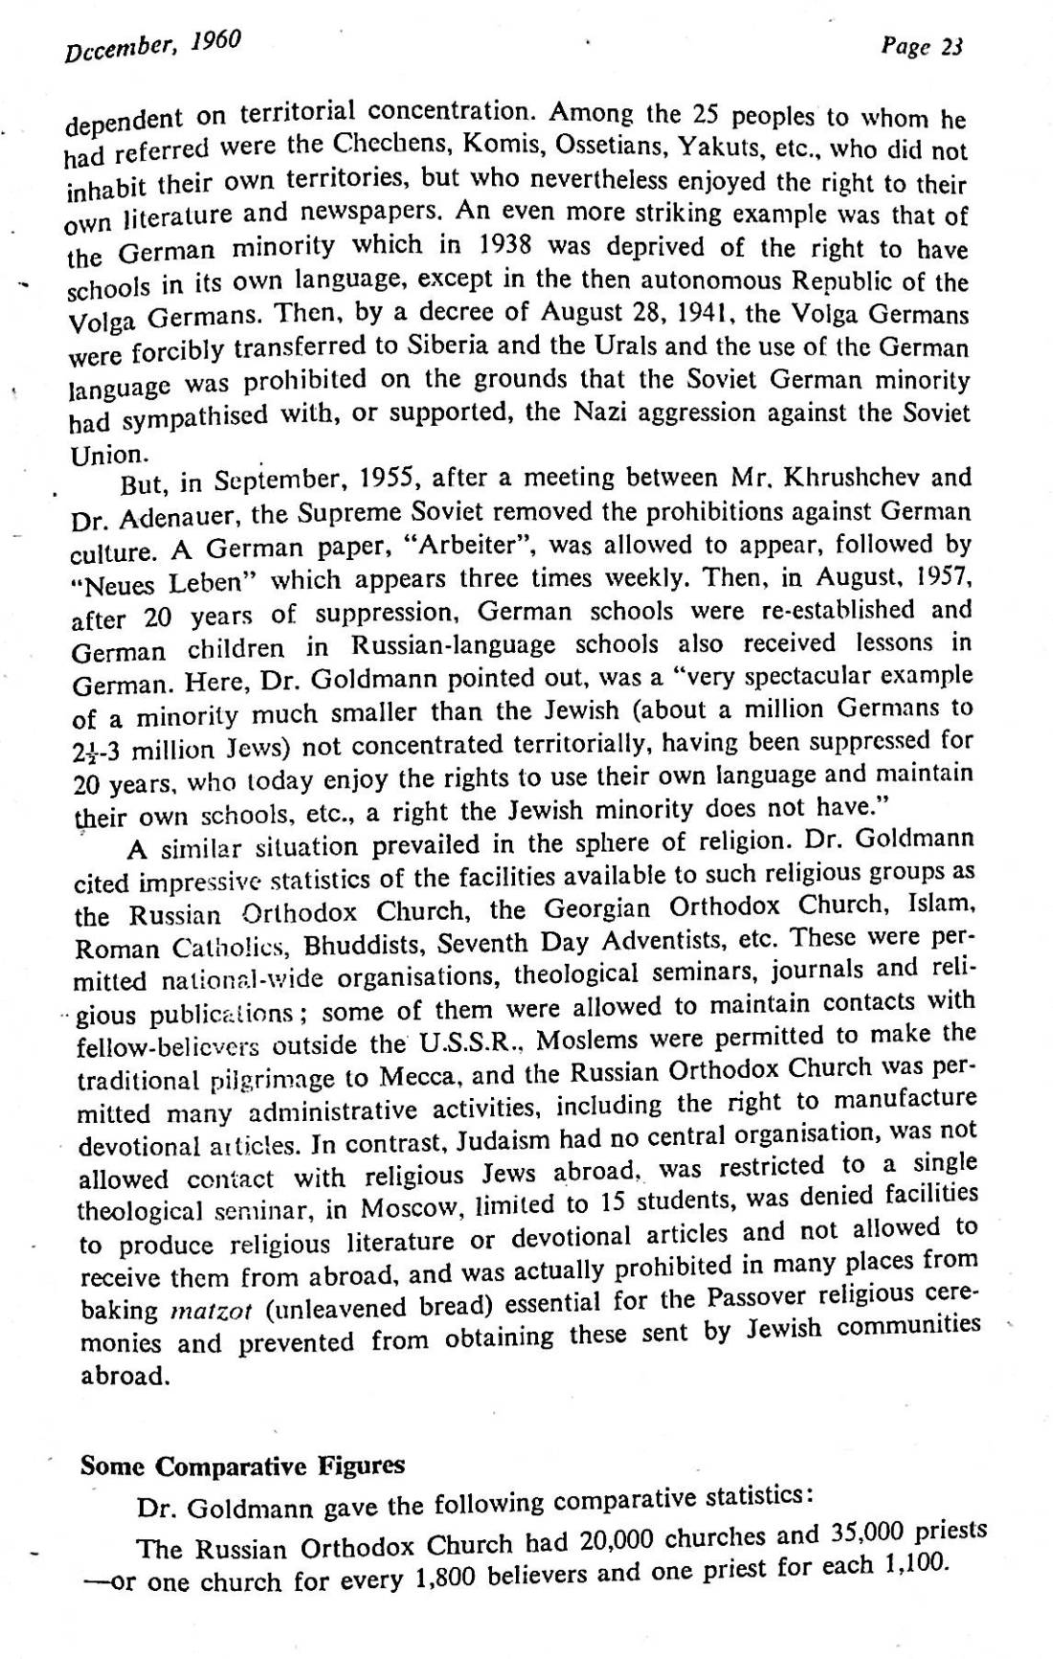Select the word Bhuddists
point(370,946)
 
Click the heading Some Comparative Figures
point(242,1466)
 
